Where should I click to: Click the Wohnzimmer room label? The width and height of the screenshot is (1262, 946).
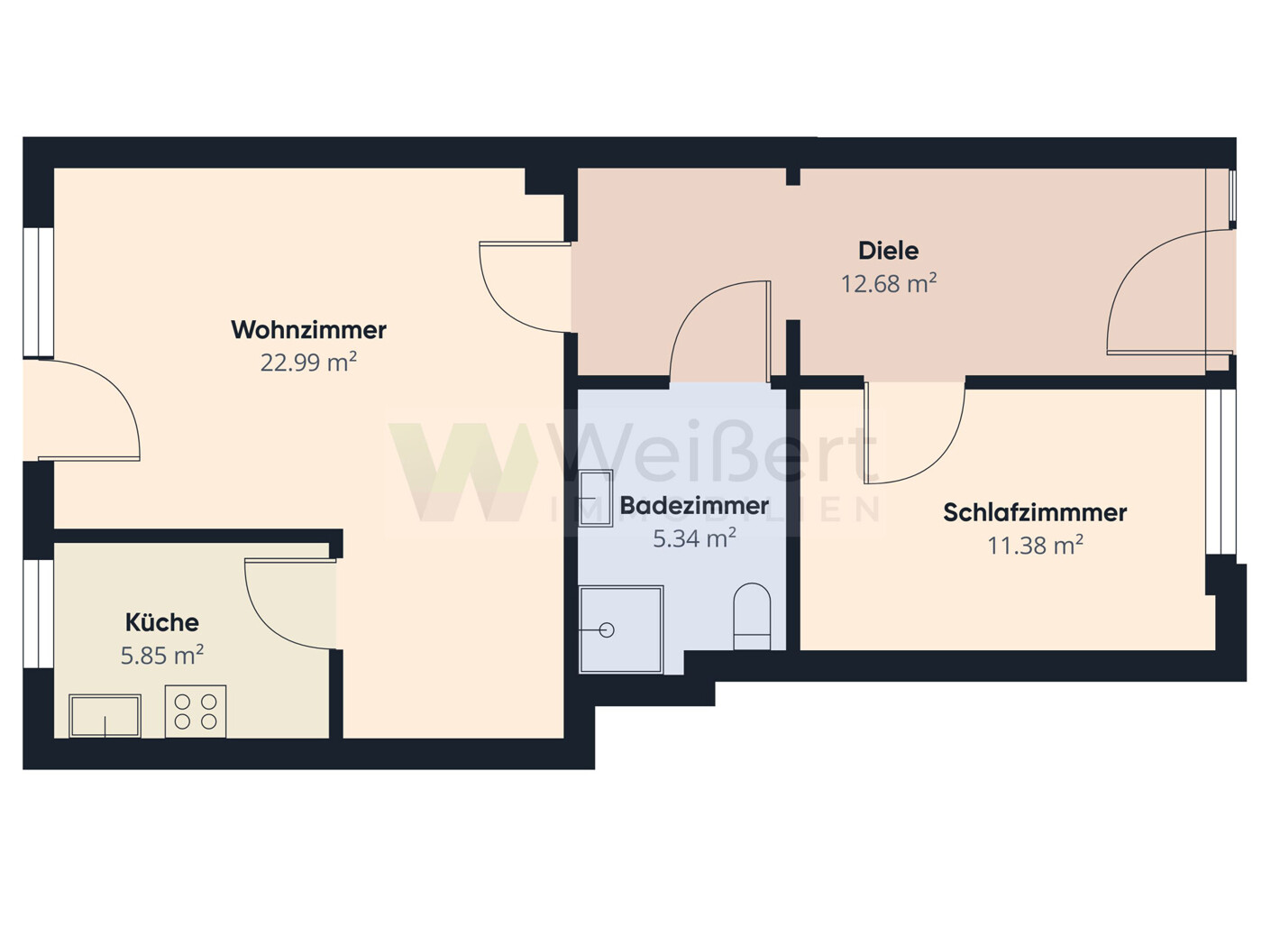coord(308,330)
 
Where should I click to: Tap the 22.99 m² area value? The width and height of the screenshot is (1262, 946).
coord(308,363)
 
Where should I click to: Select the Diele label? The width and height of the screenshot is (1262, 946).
coord(888,251)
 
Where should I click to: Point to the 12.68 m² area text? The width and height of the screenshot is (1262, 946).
coord(888,283)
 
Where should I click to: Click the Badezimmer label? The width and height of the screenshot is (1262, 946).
coord(694,506)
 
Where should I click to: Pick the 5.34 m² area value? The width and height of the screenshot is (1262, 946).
coord(694,539)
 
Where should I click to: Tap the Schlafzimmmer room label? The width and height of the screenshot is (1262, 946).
coord(1035,513)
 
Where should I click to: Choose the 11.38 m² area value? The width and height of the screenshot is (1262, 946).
coord(1035,546)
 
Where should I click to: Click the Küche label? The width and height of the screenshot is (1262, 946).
coord(162,622)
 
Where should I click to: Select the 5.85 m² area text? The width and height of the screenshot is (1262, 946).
coord(162,655)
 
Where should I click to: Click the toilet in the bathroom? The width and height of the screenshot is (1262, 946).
coord(752,617)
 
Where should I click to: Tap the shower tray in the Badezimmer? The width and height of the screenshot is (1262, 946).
coord(621,629)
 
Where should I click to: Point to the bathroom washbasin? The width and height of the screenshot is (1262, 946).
coord(596,498)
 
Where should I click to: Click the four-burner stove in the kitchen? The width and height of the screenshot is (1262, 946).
coord(196,712)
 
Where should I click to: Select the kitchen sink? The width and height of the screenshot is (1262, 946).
coord(105,715)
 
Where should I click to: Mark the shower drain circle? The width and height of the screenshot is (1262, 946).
coord(607,630)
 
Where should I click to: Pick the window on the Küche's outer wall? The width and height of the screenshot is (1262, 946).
coord(39,613)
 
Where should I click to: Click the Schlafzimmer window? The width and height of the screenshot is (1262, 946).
coord(1221,472)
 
